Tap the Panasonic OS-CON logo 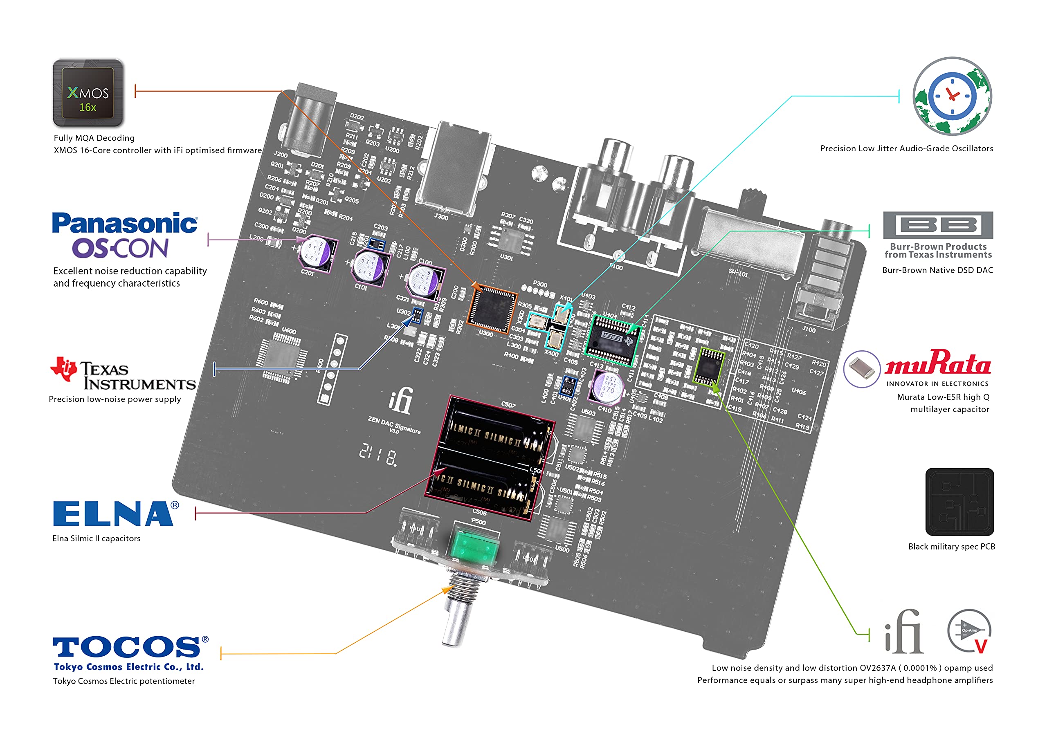[x=124, y=235]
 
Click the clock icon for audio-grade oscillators [x=952, y=96]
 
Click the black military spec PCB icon [x=959, y=502]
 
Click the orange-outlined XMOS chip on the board [x=492, y=309]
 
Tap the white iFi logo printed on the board [x=401, y=400]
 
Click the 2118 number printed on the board [x=377, y=455]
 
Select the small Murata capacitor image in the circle [x=861, y=369]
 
